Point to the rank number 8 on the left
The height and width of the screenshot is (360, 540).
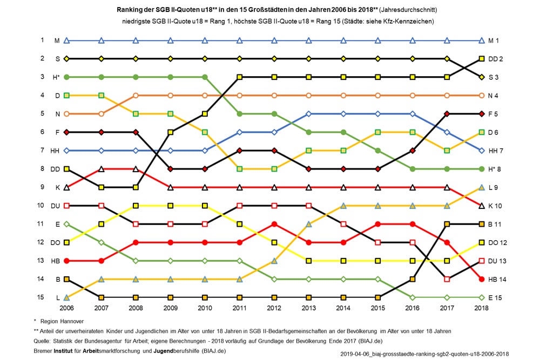coord(42,168)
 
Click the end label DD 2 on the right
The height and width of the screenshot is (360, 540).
coord(496,58)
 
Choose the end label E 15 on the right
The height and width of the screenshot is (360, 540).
coord(496,297)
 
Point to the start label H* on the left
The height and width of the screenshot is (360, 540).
coord(56,77)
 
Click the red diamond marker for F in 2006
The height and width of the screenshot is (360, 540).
coord(66,132)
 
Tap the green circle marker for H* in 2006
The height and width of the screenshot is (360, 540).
coord(66,77)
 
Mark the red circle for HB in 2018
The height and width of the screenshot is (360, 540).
coord(482,279)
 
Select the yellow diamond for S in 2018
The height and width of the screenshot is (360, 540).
coord(482,77)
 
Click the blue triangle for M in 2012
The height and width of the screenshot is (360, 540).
coord(274,40)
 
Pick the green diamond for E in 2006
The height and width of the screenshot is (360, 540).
coord(66,223)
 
